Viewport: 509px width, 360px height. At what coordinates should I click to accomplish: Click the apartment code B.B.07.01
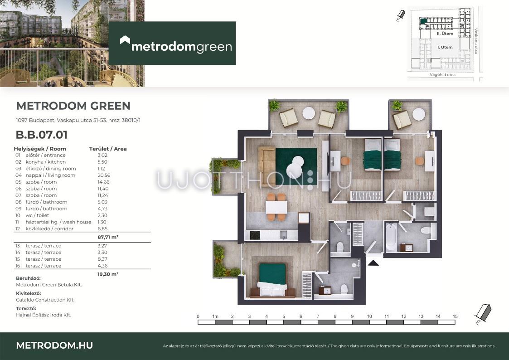[42, 135]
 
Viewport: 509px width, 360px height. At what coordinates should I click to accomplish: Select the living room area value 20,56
[104, 175]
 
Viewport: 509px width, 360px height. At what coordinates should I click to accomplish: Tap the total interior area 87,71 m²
[108, 237]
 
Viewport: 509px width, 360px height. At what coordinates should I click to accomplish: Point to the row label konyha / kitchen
[45, 162]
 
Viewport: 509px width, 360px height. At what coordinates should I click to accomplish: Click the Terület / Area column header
[108, 149]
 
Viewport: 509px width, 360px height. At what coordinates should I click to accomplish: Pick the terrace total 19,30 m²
[108, 274]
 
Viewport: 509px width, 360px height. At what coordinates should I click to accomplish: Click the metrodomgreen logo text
[181, 47]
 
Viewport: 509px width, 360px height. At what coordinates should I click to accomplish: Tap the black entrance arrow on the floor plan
[373, 263]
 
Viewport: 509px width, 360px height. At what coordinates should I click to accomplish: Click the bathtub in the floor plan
[391, 237]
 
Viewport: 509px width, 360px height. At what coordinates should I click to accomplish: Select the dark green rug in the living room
[296, 166]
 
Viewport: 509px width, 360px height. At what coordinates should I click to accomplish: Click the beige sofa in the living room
[267, 162]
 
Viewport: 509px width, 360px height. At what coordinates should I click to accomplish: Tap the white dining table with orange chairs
[276, 207]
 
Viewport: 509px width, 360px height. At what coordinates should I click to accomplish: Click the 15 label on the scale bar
[455, 316]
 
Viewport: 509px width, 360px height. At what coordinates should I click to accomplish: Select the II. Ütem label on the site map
[445, 34]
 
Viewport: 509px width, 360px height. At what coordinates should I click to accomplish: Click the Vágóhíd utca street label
[442, 75]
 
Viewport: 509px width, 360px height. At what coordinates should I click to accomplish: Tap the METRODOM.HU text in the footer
[54, 345]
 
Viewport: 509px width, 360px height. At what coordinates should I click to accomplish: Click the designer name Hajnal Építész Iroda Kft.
[44, 315]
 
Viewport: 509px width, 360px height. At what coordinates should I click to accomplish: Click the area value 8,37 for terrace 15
[102, 259]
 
